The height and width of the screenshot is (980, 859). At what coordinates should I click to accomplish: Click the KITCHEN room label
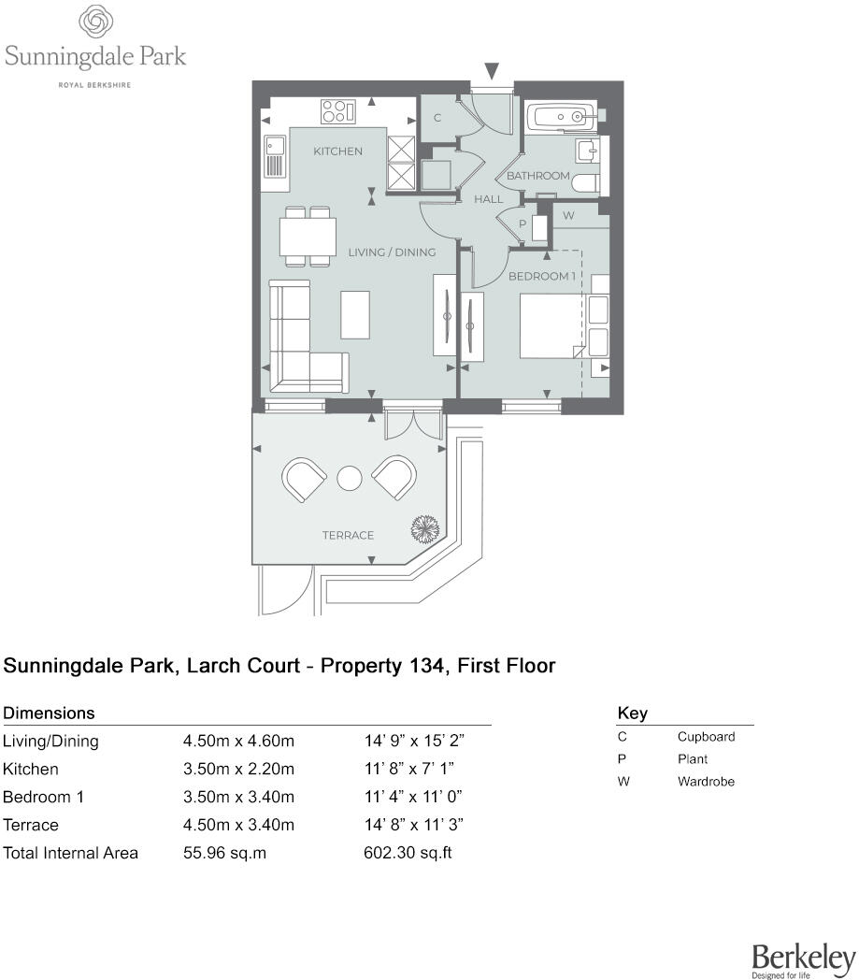coord(337,151)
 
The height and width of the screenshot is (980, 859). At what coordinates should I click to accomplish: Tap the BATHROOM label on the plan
coord(537,176)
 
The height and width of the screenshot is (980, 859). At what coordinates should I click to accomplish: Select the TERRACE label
coord(348,536)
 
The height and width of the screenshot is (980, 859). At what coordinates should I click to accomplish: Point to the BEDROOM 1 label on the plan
coord(539,277)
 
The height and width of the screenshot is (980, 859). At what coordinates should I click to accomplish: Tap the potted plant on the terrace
coord(424,529)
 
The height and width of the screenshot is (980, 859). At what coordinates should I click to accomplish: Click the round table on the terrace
coord(349,478)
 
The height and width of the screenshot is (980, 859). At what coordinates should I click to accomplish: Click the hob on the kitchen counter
coord(338,111)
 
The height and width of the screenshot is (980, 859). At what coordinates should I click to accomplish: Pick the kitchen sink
coord(275,157)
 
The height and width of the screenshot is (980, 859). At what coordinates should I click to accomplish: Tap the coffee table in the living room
coord(355,314)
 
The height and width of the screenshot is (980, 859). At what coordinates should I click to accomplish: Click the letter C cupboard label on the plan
coord(437,118)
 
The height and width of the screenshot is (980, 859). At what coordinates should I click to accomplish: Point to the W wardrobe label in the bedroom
coord(568,216)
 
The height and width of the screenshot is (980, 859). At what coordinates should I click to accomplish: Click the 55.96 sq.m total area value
coord(224,853)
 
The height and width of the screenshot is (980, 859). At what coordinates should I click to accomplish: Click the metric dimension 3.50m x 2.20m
coord(238,770)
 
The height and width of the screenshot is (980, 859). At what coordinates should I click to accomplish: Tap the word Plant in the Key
coord(694,759)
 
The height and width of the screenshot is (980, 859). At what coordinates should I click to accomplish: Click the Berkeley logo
coord(803,958)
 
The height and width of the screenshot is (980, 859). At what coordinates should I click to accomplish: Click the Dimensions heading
coord(50,713)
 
